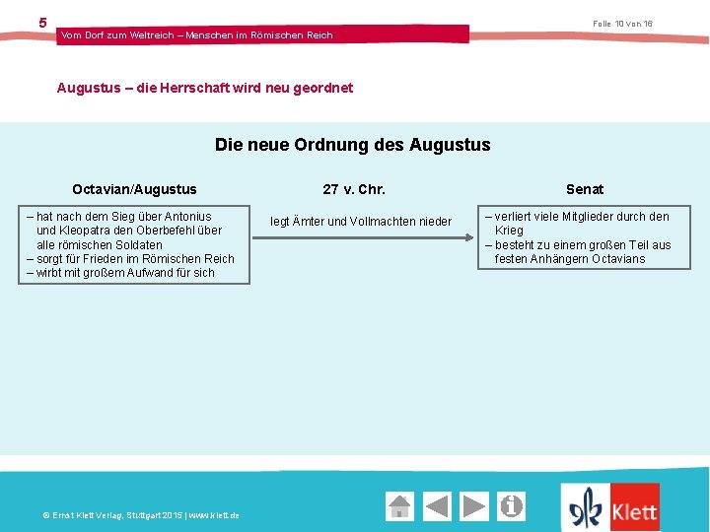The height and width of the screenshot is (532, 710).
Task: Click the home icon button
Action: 399,506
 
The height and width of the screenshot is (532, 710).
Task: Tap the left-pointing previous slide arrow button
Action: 437,506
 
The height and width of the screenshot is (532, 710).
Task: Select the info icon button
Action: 512,506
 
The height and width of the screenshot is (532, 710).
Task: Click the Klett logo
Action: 610,508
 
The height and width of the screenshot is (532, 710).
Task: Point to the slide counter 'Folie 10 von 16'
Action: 622,24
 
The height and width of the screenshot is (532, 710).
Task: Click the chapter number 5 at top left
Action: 42,23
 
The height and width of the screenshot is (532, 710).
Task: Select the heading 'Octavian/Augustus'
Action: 134,189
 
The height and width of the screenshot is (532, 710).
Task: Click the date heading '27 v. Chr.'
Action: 354,189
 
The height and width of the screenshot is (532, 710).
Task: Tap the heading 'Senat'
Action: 585,189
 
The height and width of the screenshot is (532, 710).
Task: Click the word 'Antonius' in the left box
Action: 187,217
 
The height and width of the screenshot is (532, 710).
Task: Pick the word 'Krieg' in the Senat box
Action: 509,231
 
